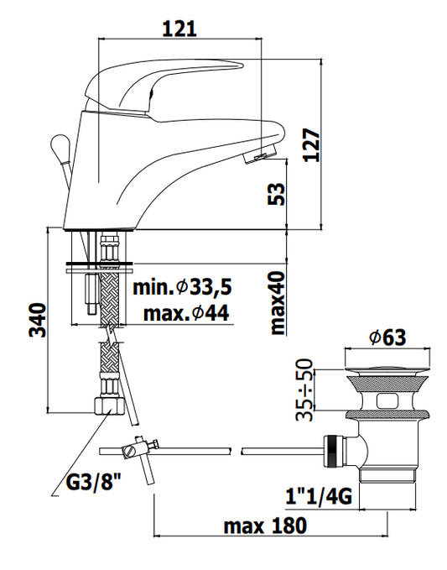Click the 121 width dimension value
(x=179, y=29)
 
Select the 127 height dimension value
(x=311, y=144)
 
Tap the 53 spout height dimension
(x=276, y=194)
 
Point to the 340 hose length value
(x=38, y=321)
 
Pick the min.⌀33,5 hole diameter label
(x=182, y=288)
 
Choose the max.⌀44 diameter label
(x=186, y=313)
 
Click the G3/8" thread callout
(x=93, y=483)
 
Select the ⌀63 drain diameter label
(x=387, y=337)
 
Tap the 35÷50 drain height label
(x=304, y=390)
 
